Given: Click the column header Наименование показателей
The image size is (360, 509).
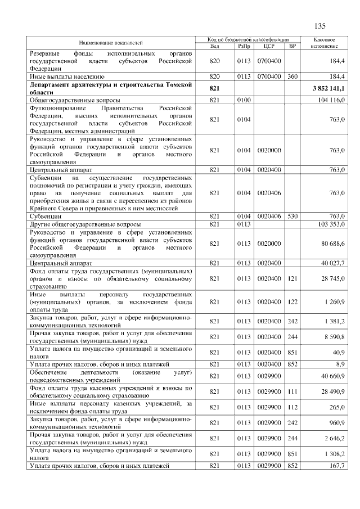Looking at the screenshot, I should pyautogui.click(x=111, y=43).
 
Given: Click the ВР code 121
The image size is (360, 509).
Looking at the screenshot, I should pyautogui.click(x=292, y=278).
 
